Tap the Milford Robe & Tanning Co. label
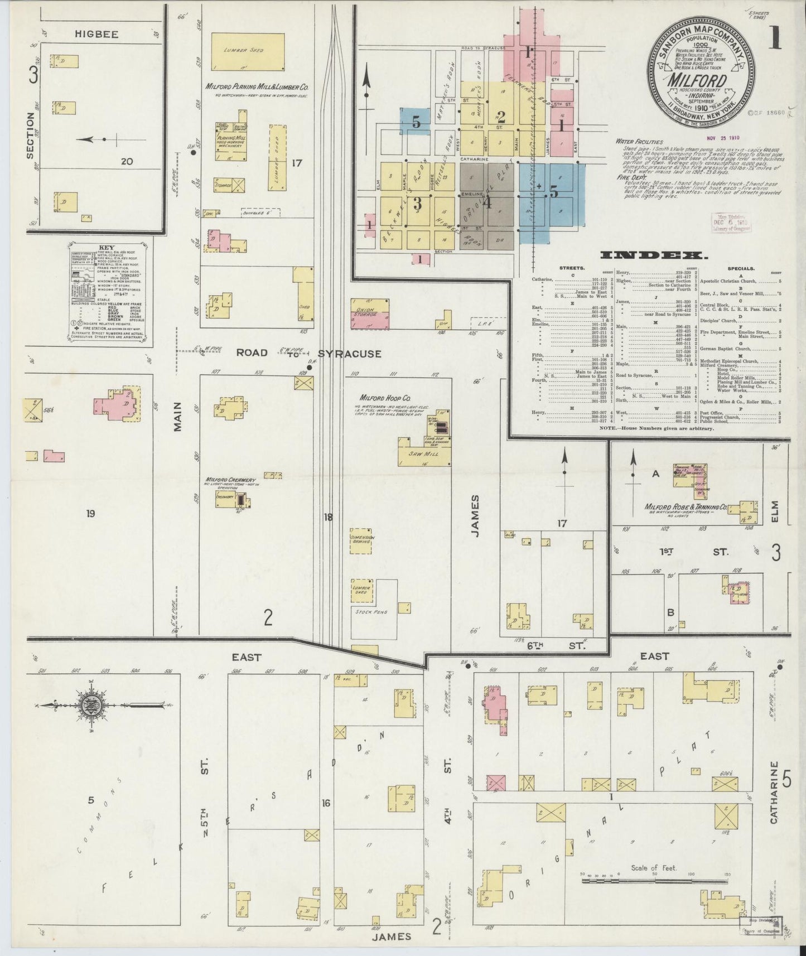(x=686, y=508)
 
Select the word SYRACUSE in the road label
(x=350, y=354)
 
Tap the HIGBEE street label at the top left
(x=96, y=35)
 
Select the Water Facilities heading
(x=640, y=142)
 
